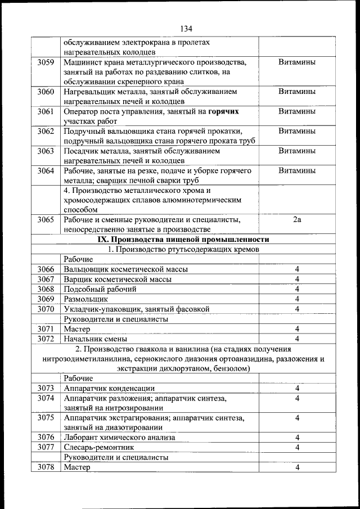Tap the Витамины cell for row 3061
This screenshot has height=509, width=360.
[296, 111]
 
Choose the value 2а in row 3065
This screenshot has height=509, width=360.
[296, 219]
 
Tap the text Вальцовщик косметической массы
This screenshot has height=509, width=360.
[125, 269]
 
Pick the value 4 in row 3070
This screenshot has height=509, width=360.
[296, 309]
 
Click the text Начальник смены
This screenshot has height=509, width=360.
[95, 339]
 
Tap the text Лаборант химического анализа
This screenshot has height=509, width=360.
[119, 437]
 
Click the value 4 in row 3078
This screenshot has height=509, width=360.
[296, 467]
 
